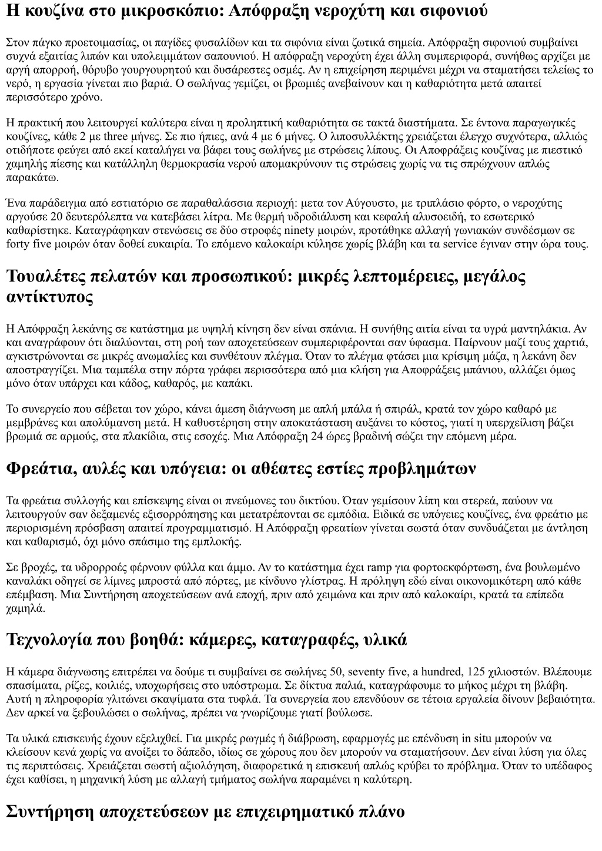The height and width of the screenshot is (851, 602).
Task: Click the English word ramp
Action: coord(380,568)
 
